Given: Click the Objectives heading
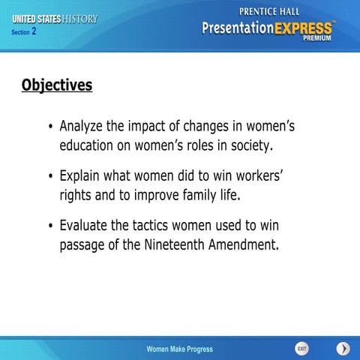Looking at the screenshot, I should tap(56, 85).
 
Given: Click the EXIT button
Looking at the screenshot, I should tap(301, 349).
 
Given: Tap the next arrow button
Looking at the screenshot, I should tap(343, 349).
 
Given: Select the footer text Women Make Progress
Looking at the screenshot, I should tap(179, 349).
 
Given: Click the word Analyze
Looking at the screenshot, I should tap(83, 125).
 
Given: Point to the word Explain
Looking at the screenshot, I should tap(82, 176).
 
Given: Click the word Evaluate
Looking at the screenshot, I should tap(86, 226).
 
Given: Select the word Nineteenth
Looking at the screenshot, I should tap(175, 244).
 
